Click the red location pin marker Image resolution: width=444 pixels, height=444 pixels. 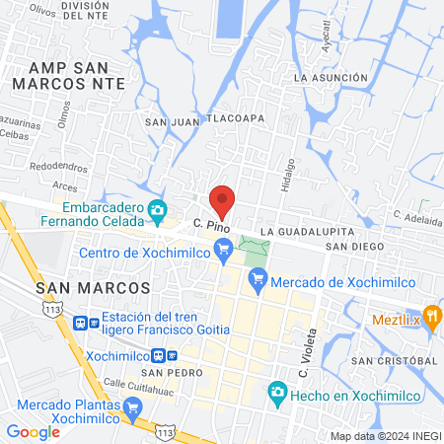tap(222, 200)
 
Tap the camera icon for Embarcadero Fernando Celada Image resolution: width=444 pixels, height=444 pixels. tap(157, 210)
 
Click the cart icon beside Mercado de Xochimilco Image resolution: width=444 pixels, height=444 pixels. tap(259, 281)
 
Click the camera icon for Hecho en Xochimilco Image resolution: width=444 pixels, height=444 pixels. tap(278, 394)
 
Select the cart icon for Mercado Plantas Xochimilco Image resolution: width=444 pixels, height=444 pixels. tap(133, 406)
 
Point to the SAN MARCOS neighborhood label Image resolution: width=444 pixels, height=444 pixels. tap(93, 287)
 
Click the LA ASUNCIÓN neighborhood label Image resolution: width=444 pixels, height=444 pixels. tap(336, 77)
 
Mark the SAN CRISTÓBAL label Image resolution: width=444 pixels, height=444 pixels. tap(392, 361)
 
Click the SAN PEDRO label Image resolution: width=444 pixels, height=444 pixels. tap(165, 373)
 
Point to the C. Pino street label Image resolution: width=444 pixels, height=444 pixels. tap(212, 226)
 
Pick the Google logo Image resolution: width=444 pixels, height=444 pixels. tap(33, 431)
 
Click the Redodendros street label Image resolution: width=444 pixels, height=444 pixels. tap(59, 166)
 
